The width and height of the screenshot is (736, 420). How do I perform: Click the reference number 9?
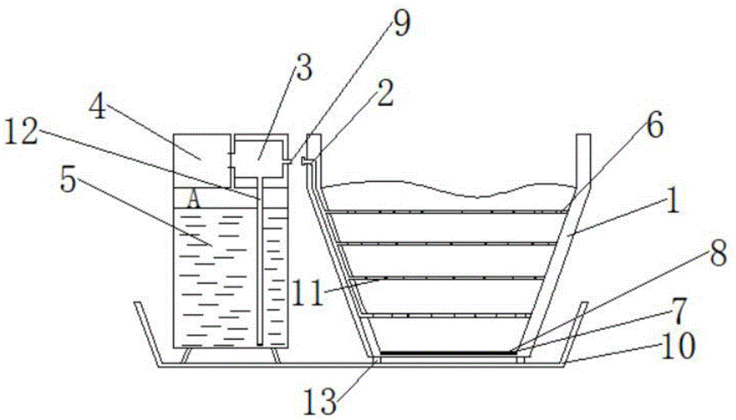(x=400, y=24)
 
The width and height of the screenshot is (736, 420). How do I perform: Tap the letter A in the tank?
(x=192, y=199)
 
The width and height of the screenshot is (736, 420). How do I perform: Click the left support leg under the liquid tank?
(x=185, y=355)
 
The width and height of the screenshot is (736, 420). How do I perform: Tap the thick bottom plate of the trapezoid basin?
(x=445, y=353)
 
